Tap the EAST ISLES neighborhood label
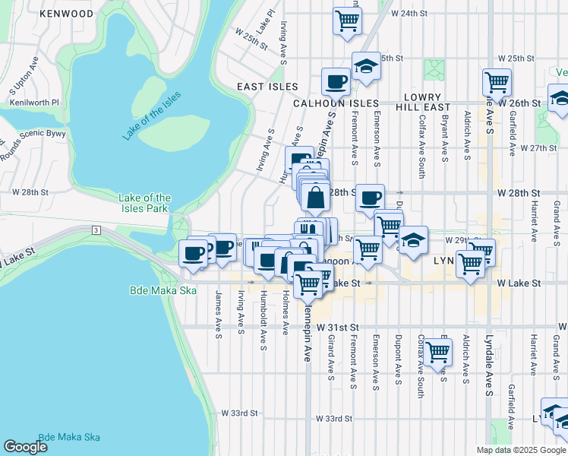click(x=267, y=87)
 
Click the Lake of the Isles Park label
click(x=145, y=203)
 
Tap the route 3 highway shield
click(x=96, y=230)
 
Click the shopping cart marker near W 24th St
click(x=347, y=21)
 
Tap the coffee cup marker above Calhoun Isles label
click(x=335, y=81)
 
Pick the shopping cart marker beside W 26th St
click(x=497, y=81)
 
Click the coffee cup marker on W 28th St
click(x=370, y=198)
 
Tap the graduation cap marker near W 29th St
click(x=413, y=240)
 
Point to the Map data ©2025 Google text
click(x=520, y=450)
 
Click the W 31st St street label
click(x=337, y=326)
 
